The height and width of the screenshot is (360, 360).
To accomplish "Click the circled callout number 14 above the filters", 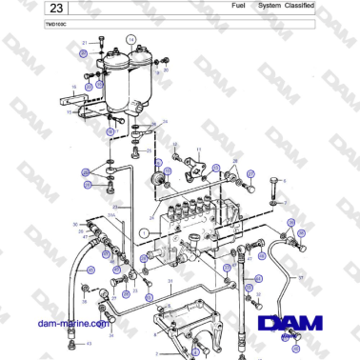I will tap(134, 38).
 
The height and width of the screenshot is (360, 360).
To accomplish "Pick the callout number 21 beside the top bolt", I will tap(85, 44).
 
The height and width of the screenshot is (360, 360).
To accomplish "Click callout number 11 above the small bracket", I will tap(198, 150).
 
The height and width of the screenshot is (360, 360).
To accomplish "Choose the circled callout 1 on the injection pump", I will tap(144, 231).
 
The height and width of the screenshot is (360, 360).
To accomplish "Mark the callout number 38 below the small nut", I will tap(83, 303).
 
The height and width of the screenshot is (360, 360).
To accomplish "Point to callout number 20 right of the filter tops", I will tap(166, 70).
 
